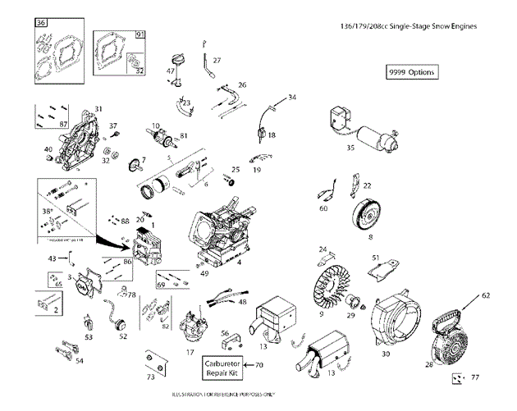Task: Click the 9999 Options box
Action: tap(411, 72)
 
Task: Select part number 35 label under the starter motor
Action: tap(350, 148)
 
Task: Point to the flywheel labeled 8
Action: tap(368, 215)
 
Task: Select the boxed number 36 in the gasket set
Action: tap(41, 23)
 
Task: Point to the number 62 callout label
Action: tap(485, 294)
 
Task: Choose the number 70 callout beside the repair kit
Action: tap(258, 365)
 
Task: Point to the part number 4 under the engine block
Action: tap(239, 263)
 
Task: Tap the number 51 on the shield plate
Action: tap(375, 258)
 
